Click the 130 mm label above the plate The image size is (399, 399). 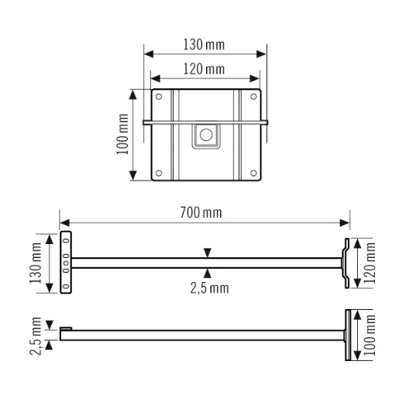point(205,44)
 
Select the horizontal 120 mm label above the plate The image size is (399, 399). point(205,69)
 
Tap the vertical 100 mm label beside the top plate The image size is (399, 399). point(122,136)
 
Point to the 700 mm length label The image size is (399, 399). point(205,212)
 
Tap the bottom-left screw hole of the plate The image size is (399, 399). point(159,172)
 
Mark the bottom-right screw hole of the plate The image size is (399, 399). point(253,172)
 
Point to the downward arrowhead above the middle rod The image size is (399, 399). point(207,253)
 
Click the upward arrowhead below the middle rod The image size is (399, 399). point(207,272)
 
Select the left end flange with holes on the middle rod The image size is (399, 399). point(66,263)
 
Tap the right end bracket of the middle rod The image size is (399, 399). point(345,263)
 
